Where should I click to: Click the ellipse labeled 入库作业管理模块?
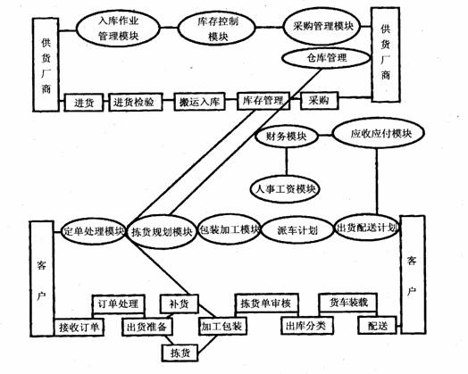pos(118,29)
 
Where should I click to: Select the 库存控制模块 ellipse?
pos(217,29)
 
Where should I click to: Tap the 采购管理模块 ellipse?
pos(322,27)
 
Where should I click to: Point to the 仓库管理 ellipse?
pos(326,58)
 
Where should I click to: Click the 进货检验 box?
pos(136,103)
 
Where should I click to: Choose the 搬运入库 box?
pos(199,102)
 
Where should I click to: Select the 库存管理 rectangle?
pos(263,101)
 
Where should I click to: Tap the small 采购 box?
pos(319,101)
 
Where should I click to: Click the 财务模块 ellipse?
pos(286,137)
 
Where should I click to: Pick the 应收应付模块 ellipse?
pos(379,133)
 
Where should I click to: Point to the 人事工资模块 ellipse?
pos(285,189)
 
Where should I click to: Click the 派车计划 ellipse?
pos(297,230)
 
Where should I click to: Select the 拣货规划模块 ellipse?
pos(162,231)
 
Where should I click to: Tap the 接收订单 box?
pos(79,328)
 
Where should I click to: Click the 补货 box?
pos(180,303)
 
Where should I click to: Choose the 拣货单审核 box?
pos(266,303)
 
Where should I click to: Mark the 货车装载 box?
pos(348,303)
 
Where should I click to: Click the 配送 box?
pos(377,326)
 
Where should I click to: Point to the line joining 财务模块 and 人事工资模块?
pos(287,162)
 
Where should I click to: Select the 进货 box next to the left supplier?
pos(84,103)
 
